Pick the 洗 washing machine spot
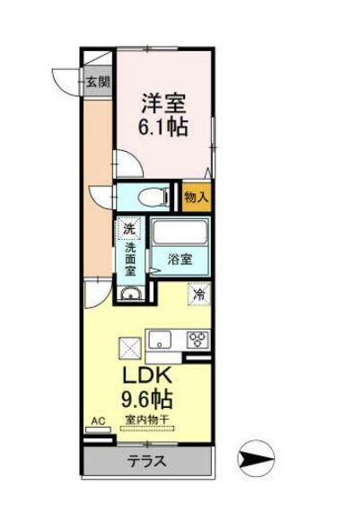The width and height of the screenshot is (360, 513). pos(130,229)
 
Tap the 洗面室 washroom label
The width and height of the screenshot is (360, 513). pos(131,259)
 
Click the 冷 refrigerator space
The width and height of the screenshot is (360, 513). pos(198,292)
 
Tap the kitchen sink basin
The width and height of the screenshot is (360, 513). pos(160,340)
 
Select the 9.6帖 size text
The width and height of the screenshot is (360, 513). pos(150,397)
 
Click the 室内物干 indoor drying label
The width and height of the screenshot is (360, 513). pos(149,418)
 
